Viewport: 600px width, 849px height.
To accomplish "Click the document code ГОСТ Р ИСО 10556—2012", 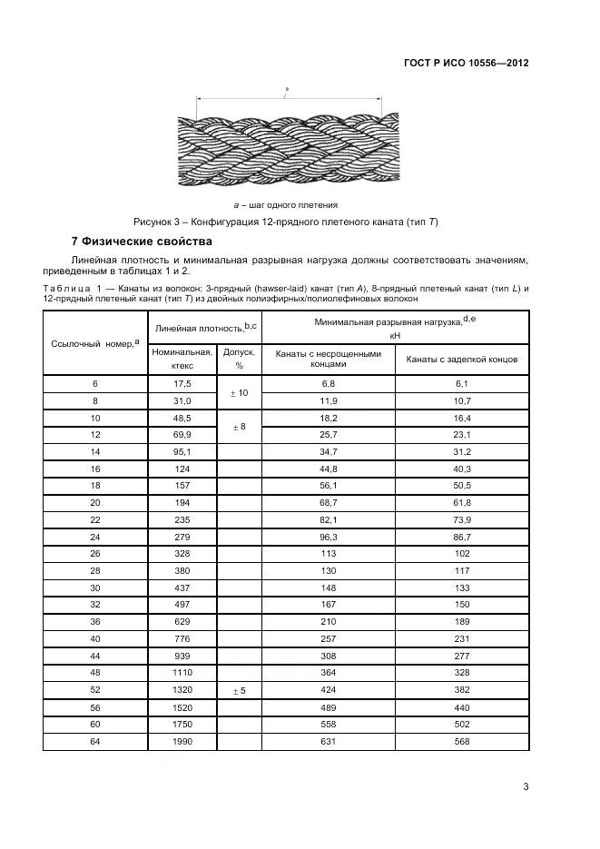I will (466, 64).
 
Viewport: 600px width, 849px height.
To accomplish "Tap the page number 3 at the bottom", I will (526, 786).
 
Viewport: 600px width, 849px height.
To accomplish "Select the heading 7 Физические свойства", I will (142, 242).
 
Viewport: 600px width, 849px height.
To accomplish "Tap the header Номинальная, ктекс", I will (182, 358).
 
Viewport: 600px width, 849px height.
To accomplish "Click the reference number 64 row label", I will (94, 741).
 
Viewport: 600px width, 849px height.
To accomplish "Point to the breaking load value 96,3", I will (328, 537).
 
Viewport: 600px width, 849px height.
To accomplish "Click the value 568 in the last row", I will (462, 741).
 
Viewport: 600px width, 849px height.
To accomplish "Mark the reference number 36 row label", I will (94, 622).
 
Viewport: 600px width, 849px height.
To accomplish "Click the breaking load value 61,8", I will (462, 503).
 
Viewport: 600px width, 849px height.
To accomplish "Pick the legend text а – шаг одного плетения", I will (286, 204).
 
